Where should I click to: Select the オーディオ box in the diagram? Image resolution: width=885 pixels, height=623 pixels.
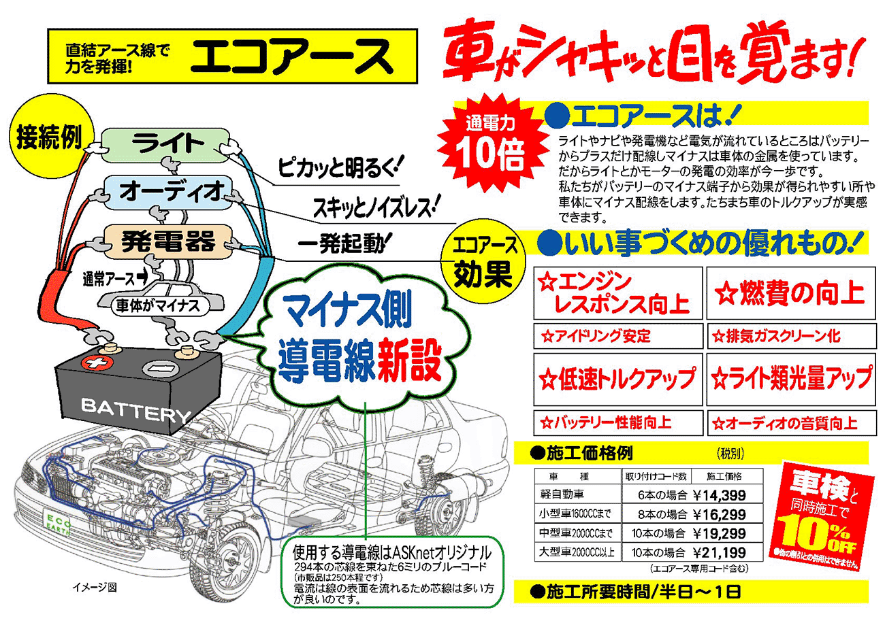point(170,192)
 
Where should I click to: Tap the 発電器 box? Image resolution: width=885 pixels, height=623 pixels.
point(168,241)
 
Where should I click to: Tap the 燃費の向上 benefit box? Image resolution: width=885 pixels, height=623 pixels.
point(790,293)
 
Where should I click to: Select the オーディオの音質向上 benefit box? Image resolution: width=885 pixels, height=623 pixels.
point(790,423)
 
